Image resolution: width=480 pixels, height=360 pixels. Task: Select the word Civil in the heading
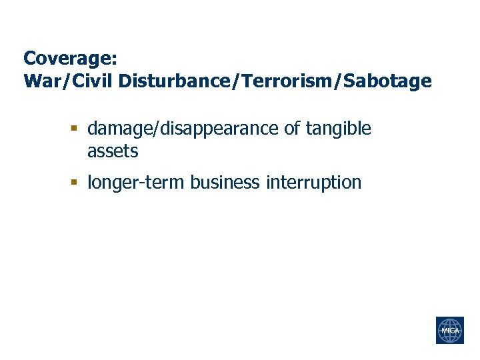82,81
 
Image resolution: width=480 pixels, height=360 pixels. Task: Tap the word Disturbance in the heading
157,81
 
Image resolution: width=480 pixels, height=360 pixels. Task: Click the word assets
113,152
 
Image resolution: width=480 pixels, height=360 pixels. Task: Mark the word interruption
313,183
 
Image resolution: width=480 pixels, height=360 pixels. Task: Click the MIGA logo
449,331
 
